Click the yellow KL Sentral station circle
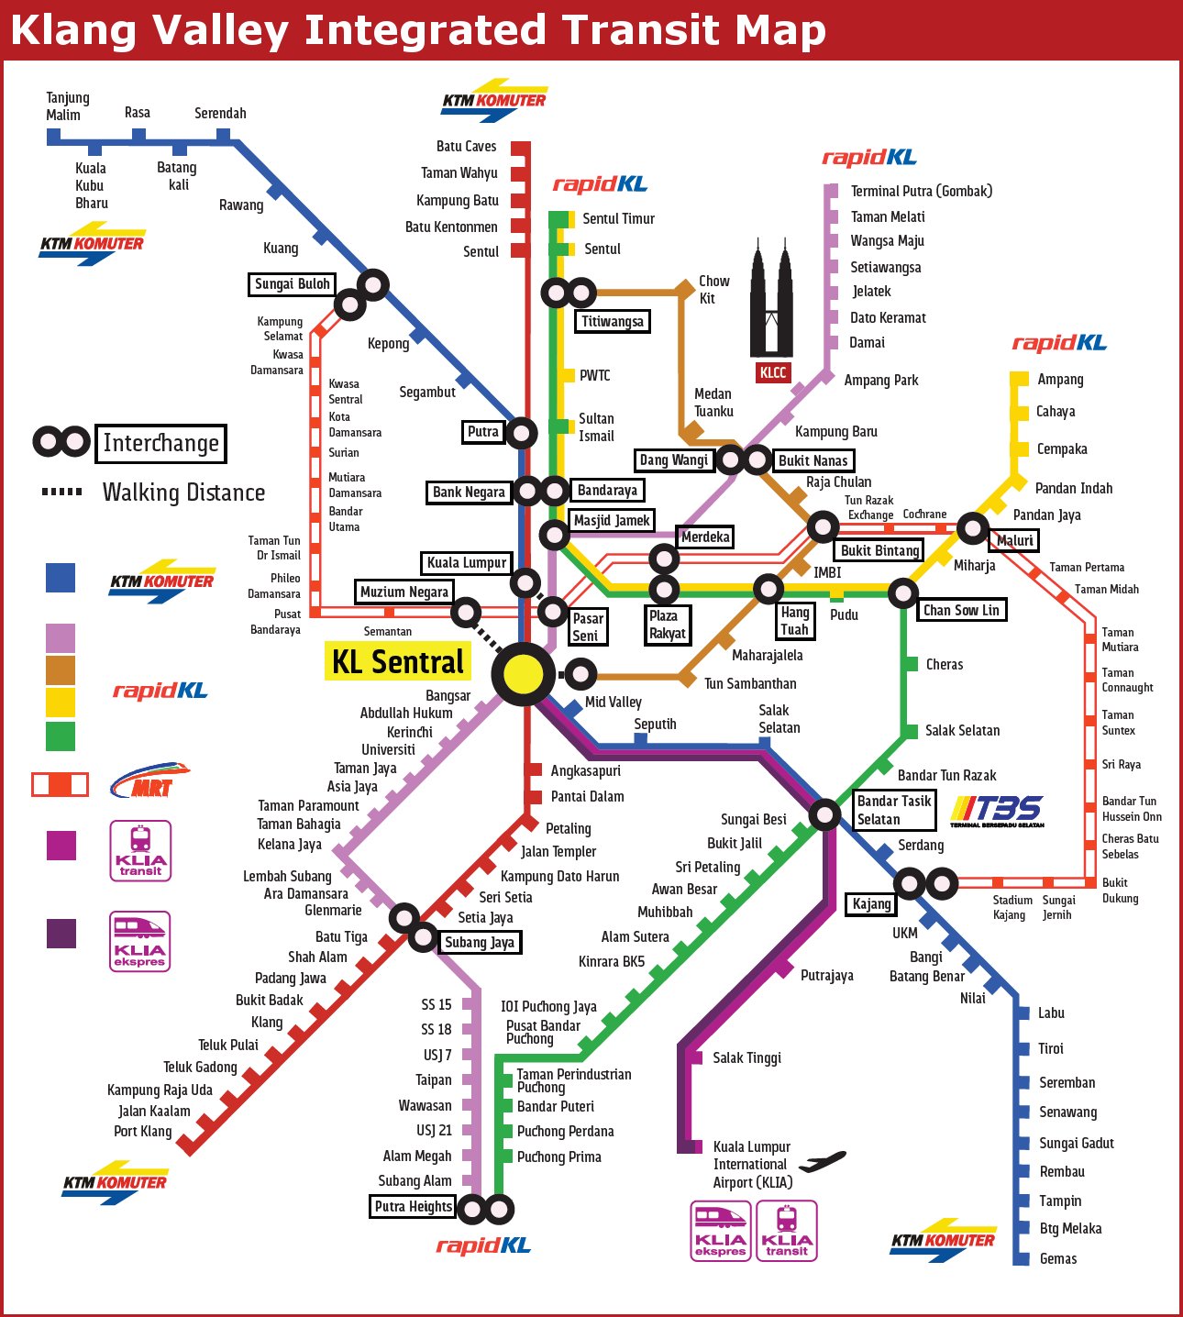click(524, 674)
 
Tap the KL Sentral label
click(398, 662)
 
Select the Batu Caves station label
click(466, 146)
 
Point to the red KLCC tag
click(772, 372)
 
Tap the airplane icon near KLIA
click(823, 1161)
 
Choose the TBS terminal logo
click(997, 812)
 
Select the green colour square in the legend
click(61, 736)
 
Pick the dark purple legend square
click(61, 934)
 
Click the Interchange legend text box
click(160, 443)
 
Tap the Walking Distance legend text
click(183, 492)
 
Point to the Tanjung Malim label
click(68, 106)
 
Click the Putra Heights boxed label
click(413, 1207)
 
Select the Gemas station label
click(1058, 1258)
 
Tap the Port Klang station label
click(143, 1131)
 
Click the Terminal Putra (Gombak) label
click(922, 191)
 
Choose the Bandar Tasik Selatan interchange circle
click(824, 813)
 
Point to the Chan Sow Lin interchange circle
click(903, 592)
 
